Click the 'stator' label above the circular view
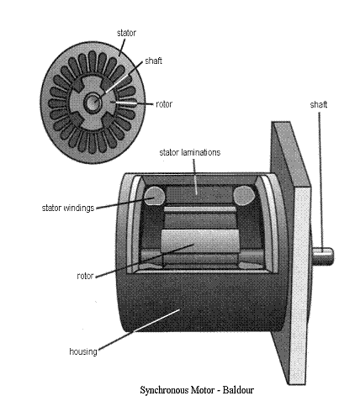pos(126,33)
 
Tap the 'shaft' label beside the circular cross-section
pos(153,61)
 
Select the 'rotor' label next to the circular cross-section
pos(164,104)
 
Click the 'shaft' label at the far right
pos(319,104)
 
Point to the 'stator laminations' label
pos(190,152)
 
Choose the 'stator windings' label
pos(68,208)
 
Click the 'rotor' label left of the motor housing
pos(85,276)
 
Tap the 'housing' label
pos(83,351)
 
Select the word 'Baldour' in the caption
pos(238,390)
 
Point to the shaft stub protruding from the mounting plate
pos(323,256)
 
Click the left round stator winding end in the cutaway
pos(154,195)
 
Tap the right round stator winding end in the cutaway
pos(243,195)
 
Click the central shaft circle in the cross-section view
pos(93,103)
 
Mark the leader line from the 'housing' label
pos(139,330)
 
